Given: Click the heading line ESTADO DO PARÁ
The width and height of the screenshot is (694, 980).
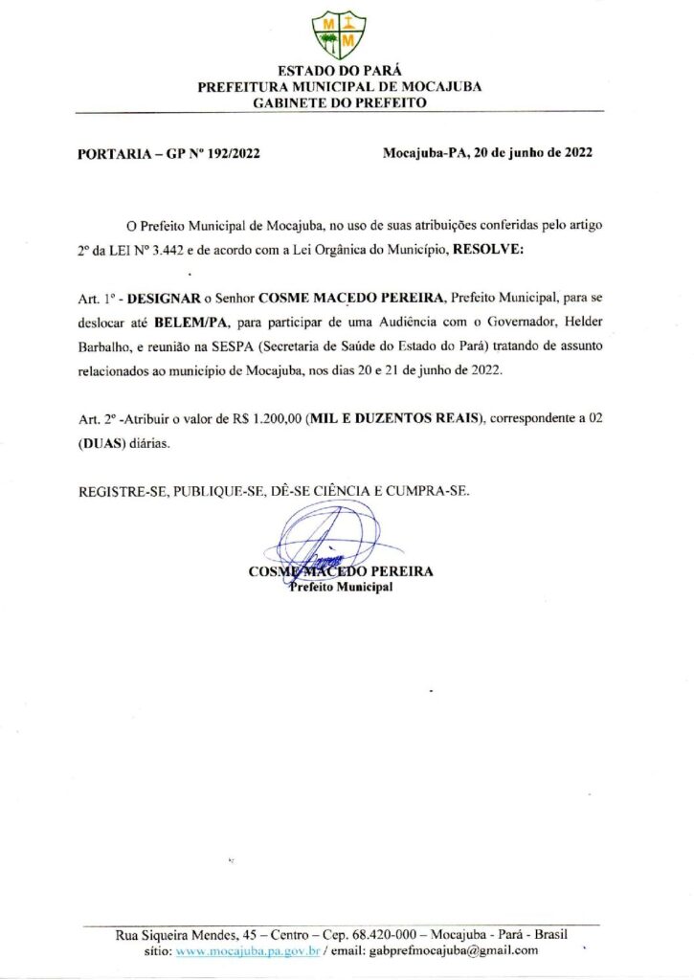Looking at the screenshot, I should pyautogui.click(x=339, y=71).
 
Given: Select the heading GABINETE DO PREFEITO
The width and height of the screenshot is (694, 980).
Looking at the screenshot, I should pyautogui.click(x=339, y=101).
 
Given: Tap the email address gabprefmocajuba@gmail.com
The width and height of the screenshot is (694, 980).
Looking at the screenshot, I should pyautogui.click(x=453, y=951).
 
